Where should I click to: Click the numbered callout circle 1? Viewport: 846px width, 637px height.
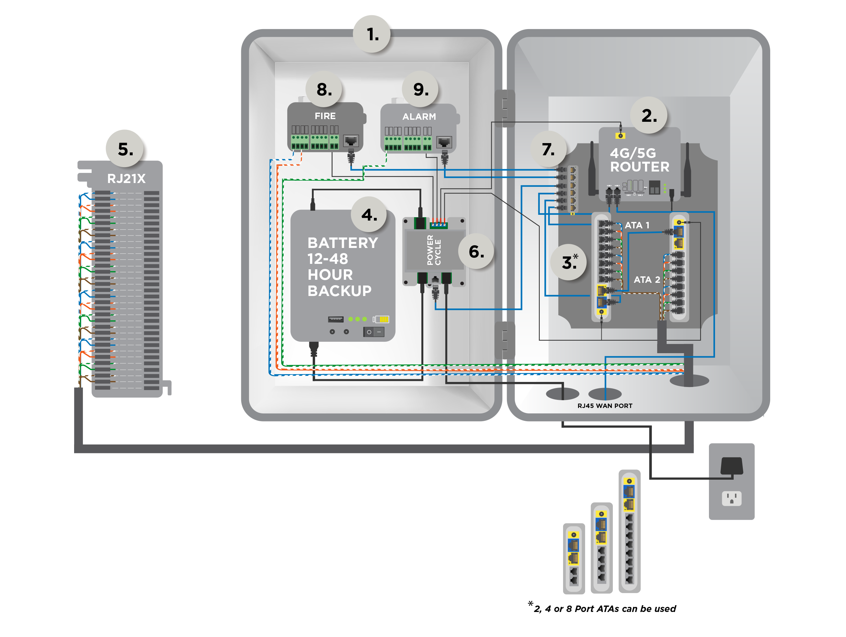click(372, 34)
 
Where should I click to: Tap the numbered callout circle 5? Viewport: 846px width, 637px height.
click(125, 149)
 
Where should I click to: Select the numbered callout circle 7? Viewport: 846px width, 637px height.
click(548, 149)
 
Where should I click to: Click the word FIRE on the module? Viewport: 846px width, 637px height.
click(325, 116)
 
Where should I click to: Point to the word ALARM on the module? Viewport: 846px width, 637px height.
click(419, 117)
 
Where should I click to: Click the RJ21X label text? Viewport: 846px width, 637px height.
click(126, 179)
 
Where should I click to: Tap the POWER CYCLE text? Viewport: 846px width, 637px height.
click(434, 250)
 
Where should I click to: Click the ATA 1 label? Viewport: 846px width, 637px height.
click(637, 225)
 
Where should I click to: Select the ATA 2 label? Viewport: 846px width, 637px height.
click(647, 279)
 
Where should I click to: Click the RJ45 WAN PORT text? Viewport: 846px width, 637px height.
click(605, 406)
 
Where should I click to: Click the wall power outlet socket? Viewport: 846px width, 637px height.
click(731, 498)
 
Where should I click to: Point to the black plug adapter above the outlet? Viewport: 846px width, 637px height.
click(731, 466)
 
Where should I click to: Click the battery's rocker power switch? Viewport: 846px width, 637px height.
click(374, 332)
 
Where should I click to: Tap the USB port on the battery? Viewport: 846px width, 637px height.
click(335, 319)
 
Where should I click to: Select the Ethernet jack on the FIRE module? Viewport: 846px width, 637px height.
click(351, 141)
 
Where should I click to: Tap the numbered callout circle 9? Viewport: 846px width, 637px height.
click(420, 89)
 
